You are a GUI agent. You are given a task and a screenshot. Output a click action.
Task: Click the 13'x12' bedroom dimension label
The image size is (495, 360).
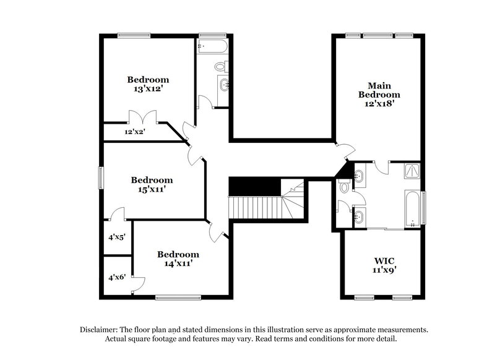148,89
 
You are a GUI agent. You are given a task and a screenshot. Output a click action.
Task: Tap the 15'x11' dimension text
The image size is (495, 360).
152,190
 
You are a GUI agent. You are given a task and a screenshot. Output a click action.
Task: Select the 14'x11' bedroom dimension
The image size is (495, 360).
178,264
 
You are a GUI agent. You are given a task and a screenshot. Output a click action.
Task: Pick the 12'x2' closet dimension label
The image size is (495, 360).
134,132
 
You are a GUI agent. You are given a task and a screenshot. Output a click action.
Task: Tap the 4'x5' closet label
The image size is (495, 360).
117,236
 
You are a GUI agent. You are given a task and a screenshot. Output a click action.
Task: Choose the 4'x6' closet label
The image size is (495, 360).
117,277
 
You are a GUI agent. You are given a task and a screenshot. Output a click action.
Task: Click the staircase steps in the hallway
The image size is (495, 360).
255,206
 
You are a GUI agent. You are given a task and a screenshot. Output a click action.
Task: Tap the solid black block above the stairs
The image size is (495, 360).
254,186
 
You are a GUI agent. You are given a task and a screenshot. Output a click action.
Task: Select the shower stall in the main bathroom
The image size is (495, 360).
412,171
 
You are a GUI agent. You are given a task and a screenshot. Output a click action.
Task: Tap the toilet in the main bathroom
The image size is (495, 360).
344,186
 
